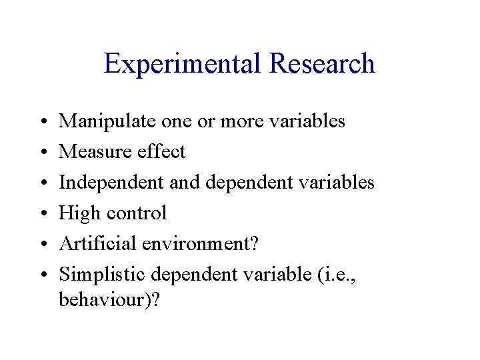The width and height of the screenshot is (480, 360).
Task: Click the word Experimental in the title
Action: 183,65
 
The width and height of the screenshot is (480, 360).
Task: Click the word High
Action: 77,213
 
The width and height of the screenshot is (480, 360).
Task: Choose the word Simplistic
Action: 103,275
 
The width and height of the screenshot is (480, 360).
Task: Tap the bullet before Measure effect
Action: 42,153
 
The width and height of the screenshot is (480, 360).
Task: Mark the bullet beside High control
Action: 42,214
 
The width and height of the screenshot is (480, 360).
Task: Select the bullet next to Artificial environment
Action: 42,245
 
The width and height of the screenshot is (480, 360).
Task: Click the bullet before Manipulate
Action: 42,122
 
